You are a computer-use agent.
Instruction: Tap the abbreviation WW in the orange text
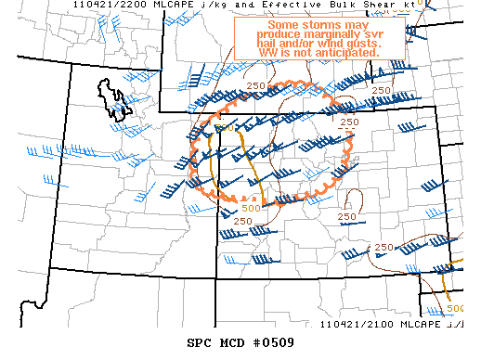pyautogui.click(x=266, y=53)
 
